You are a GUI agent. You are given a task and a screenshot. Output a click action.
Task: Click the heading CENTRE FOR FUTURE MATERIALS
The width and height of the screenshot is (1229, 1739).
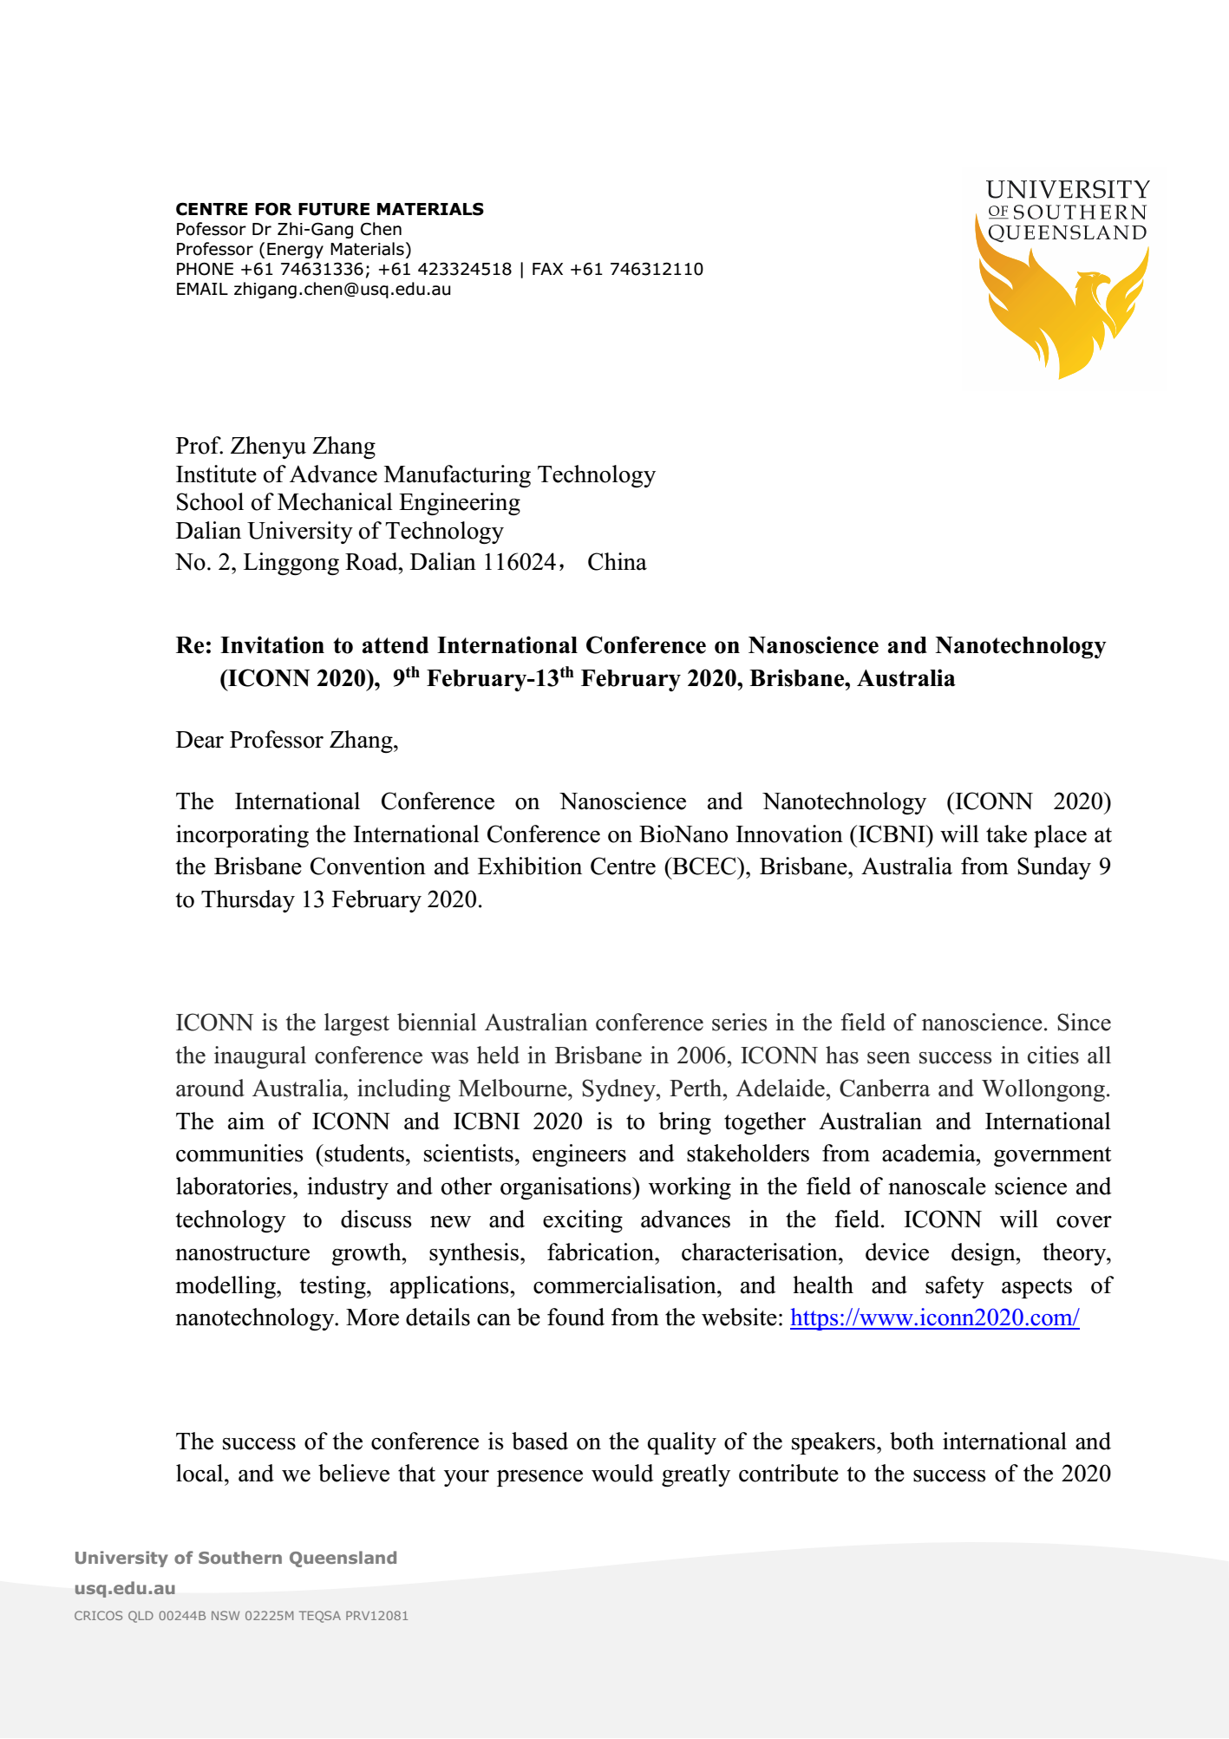tap(330, 209)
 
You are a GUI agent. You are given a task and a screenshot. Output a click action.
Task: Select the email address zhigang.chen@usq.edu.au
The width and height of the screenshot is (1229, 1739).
tap(342, 289)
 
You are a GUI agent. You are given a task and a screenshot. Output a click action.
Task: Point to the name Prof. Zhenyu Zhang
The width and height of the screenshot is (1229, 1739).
tap(275, 446)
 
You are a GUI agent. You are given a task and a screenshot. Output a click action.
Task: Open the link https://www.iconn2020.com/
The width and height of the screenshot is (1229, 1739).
tap(934, 1317)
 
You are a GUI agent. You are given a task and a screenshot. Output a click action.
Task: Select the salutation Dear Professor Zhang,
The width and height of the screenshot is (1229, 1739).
tap(286, 740)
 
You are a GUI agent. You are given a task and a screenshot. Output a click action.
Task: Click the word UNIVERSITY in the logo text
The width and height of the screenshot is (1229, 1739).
tap(1068, 190)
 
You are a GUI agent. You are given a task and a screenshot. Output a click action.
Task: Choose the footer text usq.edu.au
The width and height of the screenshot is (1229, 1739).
tap(125, 1588)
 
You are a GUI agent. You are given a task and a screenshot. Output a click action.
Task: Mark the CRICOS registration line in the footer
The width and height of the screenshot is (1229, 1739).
tap(241, 1616)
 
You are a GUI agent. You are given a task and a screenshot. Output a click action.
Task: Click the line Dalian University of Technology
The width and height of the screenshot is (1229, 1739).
tap(339, 531)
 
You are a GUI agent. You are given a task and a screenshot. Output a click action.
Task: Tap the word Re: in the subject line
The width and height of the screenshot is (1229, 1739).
tap(194, 645)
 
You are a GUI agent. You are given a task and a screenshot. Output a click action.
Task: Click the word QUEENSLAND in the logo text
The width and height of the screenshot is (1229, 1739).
tap(1067, 232)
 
